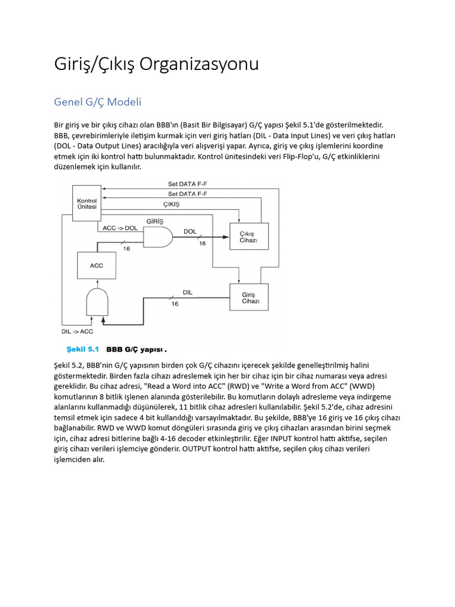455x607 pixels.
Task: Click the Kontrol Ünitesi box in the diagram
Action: [87, 204]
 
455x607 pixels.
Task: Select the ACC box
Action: [96, 266]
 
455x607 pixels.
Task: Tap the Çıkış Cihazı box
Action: [249, 237]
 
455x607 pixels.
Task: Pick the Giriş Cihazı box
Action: [249, 297]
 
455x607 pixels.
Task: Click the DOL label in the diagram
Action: [190, 231]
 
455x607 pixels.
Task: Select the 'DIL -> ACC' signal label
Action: [78, 331]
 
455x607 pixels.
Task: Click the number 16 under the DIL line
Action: [175, 304]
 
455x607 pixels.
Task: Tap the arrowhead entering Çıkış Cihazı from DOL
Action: [226, 237]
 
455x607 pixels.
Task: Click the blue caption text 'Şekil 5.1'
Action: [82, 349]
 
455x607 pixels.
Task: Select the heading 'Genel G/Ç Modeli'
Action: [98, 102]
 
